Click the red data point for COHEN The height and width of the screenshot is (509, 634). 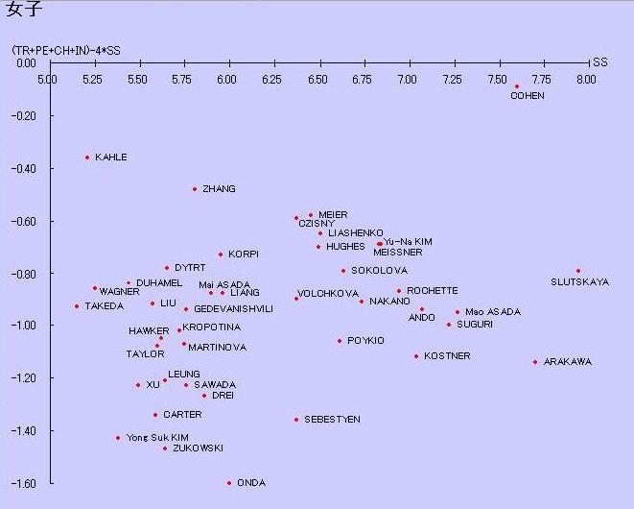(517, 86)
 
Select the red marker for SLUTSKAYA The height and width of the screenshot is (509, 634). (578, 271)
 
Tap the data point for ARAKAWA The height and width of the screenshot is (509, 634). (535, 362)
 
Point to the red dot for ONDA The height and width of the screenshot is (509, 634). (229, 483)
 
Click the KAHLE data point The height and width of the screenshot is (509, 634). (87, 158)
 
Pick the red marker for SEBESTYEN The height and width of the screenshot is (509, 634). (296, 420)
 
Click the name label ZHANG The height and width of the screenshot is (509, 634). (219, 189)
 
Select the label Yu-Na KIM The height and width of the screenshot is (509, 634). (408, 242)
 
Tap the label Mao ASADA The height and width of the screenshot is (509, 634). (493, 312)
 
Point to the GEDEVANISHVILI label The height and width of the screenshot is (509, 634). (233, 309)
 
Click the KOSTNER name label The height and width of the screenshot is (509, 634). (447, 356)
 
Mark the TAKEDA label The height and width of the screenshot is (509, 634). (104, 306)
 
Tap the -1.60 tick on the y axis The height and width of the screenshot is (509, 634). (22, 483)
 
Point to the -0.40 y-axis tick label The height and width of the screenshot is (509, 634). (22, 168)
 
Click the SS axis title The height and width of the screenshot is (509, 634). (600, 62)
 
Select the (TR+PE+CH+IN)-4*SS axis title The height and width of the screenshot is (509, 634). (66, 49)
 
